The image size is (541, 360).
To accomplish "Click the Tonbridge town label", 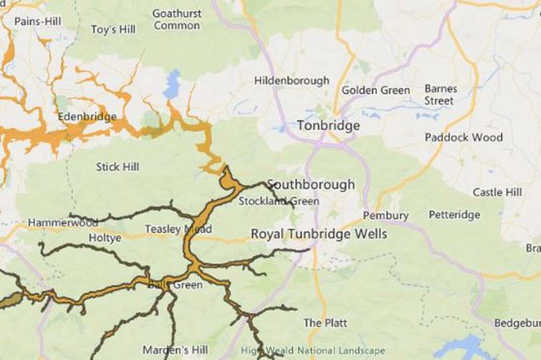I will click(328, 125).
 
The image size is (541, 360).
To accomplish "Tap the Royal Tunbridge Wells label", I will click(319, 233).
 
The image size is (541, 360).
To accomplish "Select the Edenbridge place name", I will click(87, 116).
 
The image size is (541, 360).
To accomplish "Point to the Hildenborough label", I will click(292, 81).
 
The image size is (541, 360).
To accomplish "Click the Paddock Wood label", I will click(464, 137).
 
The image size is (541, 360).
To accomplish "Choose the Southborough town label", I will click(311, 185).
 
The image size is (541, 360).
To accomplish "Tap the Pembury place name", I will click(385, 215).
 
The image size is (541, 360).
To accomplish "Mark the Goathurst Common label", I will click(177, 20).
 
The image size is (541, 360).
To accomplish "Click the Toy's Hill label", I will click(113, 30).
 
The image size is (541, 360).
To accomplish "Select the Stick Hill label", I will click(118, 167).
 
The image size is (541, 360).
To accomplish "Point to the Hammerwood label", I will click(63, 223).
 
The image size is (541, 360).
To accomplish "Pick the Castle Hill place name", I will click(497, 192).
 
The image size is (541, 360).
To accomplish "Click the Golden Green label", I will click(375, 90).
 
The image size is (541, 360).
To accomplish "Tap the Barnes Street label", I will click(440, 94).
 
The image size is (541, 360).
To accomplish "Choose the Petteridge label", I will click(454, 214).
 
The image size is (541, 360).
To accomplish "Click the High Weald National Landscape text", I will click(313, 350).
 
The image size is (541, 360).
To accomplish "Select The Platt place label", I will click(325, 323).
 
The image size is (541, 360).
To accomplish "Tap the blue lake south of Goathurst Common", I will click(171, 86).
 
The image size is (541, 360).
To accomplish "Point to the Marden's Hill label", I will click(175, 349).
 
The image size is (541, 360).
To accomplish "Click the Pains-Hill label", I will click(37, 21).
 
